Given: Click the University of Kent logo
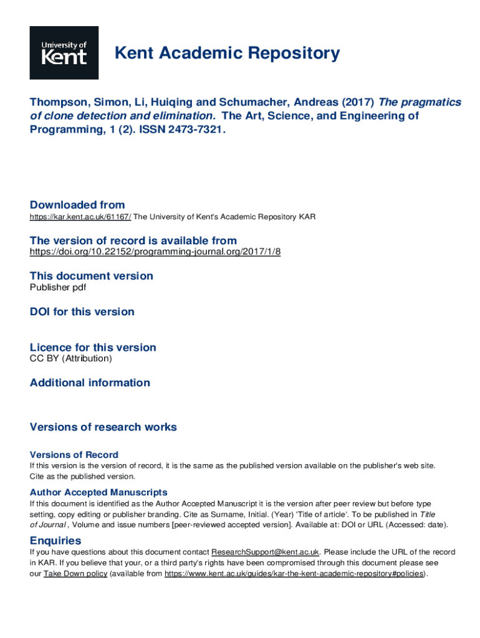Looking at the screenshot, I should click(64, 52).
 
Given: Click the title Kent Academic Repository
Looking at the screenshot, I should click(227, 54).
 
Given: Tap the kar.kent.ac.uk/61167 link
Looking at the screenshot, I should click(80, 217).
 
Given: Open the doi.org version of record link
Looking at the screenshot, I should click(155, 252).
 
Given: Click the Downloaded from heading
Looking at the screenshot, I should click(77, 205).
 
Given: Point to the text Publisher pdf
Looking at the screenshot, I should click(58, 287).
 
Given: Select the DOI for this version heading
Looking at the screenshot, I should click(82, 312).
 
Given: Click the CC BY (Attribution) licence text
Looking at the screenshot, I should click(71, 358).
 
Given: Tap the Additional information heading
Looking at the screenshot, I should click(90, 383).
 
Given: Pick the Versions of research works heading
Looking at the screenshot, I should click(103, 427).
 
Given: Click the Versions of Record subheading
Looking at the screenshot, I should click(74, 455).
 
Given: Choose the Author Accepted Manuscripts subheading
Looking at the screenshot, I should click(98, 492).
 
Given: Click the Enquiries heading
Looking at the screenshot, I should click(55, 540).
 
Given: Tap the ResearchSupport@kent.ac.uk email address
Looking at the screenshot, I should click(266, 552).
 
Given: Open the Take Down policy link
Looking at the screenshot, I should click(75, 573).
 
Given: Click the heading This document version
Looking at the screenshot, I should click(91, 276).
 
